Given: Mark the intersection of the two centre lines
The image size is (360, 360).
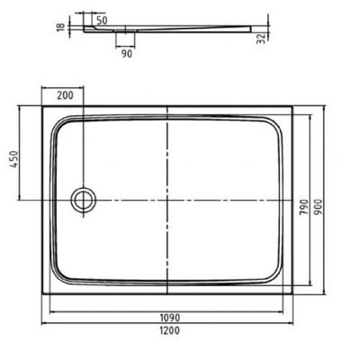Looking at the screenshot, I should [x=169, y=198].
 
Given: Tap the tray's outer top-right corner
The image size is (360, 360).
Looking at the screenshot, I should [x=296, y=106].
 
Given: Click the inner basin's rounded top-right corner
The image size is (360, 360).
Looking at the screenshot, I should [x=282, y=121].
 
